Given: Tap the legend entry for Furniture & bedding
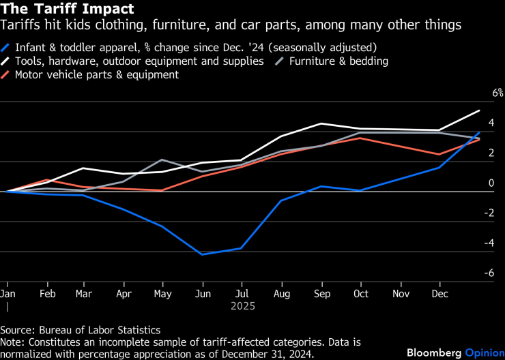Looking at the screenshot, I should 338,61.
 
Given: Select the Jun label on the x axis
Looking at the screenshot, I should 202,294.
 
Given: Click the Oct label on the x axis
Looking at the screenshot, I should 360,294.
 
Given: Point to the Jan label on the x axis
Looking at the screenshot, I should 8,294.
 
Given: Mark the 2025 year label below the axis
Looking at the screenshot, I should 242,306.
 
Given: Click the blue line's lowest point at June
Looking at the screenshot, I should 202,254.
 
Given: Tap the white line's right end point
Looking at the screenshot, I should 479,110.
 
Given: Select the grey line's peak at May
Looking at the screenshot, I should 162,160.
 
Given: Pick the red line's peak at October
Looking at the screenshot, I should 360,138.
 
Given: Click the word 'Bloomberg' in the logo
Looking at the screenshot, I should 434,352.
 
